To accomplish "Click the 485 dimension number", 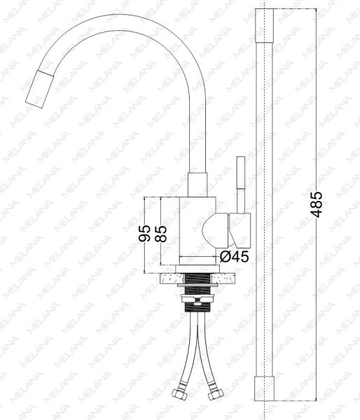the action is pyautogui.click(x=317, y=204).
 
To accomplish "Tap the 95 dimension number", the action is pyautogui.click(x=144, y=234).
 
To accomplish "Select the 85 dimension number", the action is pyautogui.click(x=161, y=234).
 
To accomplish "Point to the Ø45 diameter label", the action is pyautogui.click(x=235, y=257).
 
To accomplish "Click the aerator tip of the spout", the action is pyautogui.click(x=39, y=89).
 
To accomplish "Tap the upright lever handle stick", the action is pyautogui.click(x=240, y=185).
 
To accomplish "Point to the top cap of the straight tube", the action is pyautogui.click(x=264, y=25).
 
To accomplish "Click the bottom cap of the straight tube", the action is pyautogui.click(x=264, y=388).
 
